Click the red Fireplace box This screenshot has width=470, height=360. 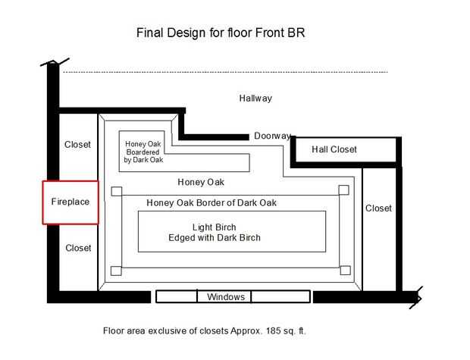click(x=43, y=202)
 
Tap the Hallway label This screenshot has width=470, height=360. click(x=255, y=99)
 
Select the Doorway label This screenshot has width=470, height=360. click(x=272, y=136)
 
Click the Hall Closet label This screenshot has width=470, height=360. click(x=334, y=149)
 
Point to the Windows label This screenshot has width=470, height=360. click(x=226, y=297)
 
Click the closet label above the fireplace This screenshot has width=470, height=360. click(x=77, y=145)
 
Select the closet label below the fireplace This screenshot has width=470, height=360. click(x=78, y=248)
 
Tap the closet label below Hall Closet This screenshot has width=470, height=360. click(x=378, y=208)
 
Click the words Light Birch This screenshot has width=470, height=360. click(x=214, y=227)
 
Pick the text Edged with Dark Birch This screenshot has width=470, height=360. click(x=215, y=238)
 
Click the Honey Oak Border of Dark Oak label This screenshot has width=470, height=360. click(x=211, y=203)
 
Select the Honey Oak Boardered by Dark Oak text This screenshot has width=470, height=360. click(x=143, y=152)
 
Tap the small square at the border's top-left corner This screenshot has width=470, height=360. click(x=117, y=191)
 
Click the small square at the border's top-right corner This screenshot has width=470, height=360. click(x=344, y=189)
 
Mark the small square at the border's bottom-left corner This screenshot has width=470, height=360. click(x=116, y=271)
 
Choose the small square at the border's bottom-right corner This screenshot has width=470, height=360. click(x=346, y=270)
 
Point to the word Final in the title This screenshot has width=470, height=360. click(x=150, y=33)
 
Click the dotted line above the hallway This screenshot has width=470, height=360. click(x=225, y=72)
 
